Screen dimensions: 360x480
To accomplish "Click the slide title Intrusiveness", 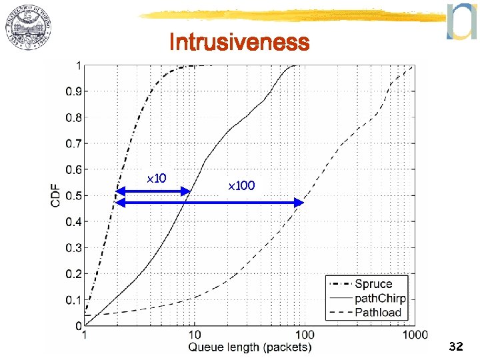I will coord(239,43).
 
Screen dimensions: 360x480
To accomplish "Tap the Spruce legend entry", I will coord(373,284).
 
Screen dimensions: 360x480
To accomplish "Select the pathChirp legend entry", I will coord(380,298).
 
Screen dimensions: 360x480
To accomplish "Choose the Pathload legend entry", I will coord(378,311).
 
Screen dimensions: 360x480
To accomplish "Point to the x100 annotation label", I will coord(241,185).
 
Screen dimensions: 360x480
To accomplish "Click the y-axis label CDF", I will coord(57,195).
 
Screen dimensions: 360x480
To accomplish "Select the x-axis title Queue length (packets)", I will coord(250,347).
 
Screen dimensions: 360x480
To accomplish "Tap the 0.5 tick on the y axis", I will coord(73,195).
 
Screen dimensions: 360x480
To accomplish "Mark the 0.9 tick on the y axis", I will coord(73,91).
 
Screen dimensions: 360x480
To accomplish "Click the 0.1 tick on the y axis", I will coord(73,300).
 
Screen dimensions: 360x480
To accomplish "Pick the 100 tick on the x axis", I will coord(304,335).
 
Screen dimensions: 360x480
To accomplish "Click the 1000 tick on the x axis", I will coord(415,335).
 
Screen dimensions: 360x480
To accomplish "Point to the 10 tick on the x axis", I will coord(194,335).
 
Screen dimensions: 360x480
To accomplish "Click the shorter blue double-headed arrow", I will coord(153,192).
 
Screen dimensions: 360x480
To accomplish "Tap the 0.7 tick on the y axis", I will coord(73,143).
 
